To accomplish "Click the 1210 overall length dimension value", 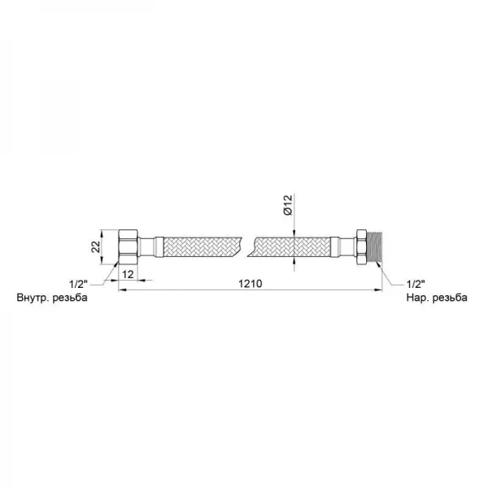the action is pyautogui.click(x=251, y=284).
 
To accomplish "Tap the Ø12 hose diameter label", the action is pyautogui.click(x=288, y=204).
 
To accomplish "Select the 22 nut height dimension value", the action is pyautogui.click(x=96, y=246).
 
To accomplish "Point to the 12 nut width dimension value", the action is pyautogui.click(x=128, y=274).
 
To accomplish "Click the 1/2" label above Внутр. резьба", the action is pyautogui.click(x=78, y=284).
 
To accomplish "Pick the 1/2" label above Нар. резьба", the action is pyautogui.click(x=416, y=284).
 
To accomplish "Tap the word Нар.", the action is pyautogui.click(x=416, y=298).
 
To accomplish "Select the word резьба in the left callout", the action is pyautogui.click(x=70, y=298).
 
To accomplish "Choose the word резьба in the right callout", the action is pyautogui.click(x=450, y=298).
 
